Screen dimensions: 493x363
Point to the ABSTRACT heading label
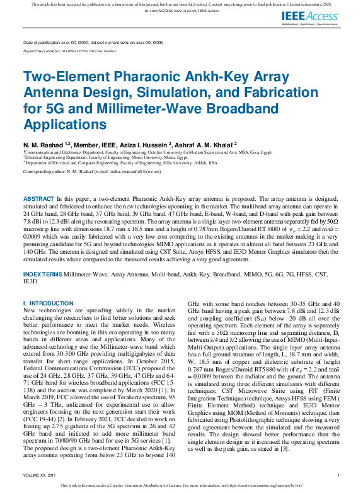38,198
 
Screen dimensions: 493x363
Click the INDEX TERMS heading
43,275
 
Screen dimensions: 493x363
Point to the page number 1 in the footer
338,475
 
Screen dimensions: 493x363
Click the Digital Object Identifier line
69,50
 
